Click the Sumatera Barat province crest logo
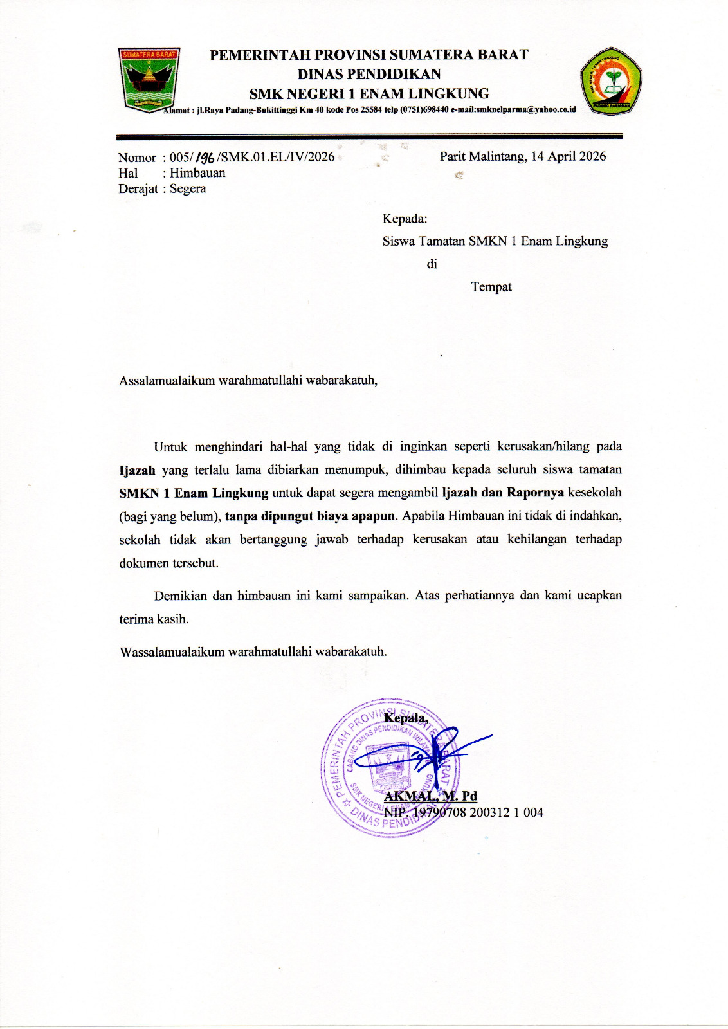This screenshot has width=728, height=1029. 149,79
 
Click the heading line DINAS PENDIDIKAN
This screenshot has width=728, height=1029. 369,74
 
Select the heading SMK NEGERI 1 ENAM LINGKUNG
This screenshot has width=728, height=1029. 369,94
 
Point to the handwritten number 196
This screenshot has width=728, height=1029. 206,158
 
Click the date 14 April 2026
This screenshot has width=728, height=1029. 569,156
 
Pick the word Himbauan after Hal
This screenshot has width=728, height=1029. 197,173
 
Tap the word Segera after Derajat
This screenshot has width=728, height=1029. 188,188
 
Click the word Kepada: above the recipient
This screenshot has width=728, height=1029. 405,219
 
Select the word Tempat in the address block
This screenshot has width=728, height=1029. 491,287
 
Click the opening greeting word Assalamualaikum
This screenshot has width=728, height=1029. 167,380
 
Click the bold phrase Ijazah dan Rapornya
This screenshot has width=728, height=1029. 503,493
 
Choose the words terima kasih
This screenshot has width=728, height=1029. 153,619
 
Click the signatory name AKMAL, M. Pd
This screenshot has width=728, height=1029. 430,796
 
